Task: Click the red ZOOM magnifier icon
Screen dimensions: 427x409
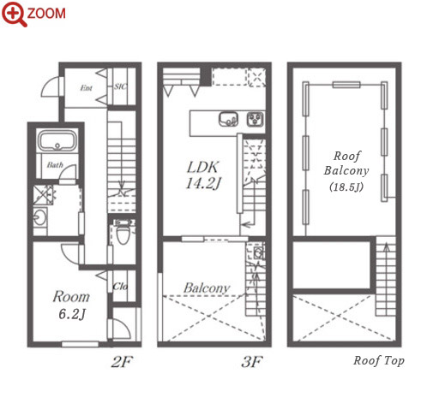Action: [x=15, y=14]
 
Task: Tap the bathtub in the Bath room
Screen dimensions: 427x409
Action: [x=57, y=140]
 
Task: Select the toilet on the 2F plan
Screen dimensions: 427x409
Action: [x=123, y=234]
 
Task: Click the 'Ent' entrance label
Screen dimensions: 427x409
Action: [x=86, y=87]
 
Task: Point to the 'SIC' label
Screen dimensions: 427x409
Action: [x=120, y=86]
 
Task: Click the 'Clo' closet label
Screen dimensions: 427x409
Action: [x=120, y=286]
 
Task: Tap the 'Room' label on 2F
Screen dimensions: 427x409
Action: [x=71, y=297]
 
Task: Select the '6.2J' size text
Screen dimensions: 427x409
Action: [x=72, y=314]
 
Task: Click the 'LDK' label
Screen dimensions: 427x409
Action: [x=202, y=167]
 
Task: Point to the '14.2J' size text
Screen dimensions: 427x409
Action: [x=203, y=183]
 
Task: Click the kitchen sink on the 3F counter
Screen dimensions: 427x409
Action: [x=228, y=119]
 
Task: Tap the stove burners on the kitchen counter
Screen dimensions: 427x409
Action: [x=256, y=119]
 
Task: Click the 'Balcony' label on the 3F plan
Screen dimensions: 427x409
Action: [x=207, y=287]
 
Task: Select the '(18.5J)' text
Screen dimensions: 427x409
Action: [x=346, y=187]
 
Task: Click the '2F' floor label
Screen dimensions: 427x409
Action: [x=123, y=362]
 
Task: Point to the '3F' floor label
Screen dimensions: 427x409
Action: [x=252, y=362]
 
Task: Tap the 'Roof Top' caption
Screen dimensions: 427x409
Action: [x=379, y=361]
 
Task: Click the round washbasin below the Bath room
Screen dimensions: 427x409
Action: [x=39, y=217]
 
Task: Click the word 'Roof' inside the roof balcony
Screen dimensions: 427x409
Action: [x=347, y=156]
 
